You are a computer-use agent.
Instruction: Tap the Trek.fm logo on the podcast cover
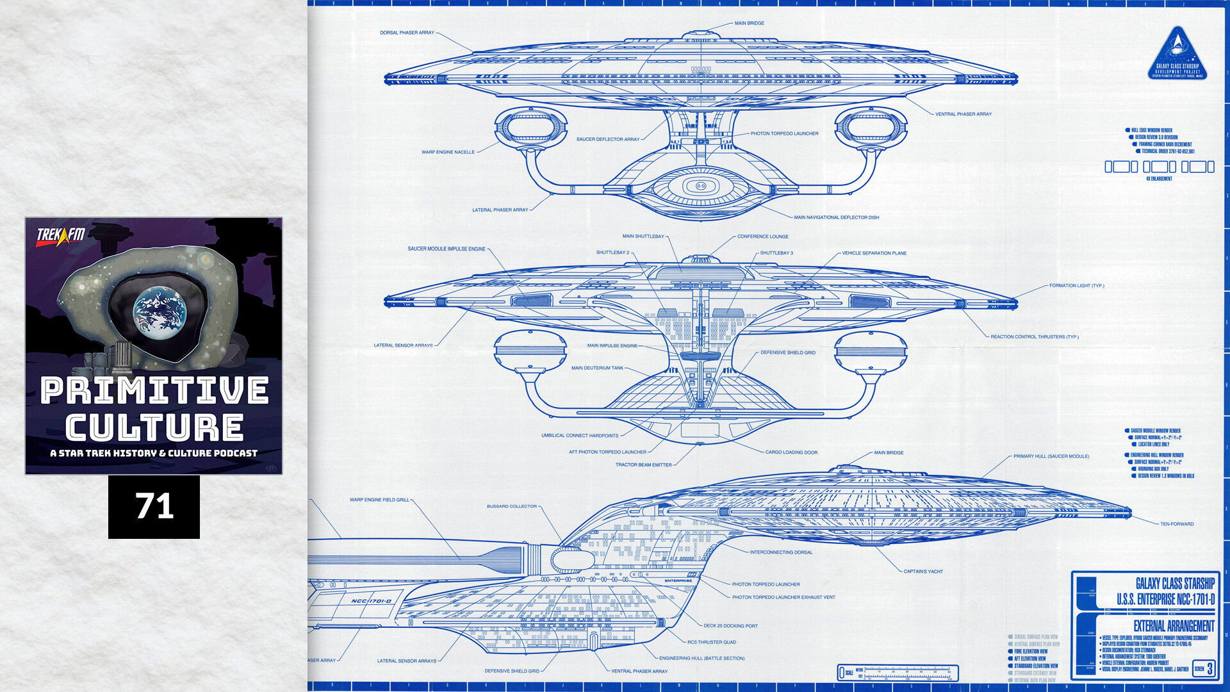tap(61, 235)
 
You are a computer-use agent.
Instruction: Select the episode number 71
tap(154, 507)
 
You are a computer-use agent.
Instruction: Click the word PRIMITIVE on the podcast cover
tap(154, 390)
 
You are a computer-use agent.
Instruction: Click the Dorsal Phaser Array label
tap(407, 33)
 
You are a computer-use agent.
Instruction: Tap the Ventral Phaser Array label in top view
tap(963, 114)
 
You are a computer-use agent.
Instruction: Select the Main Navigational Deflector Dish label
tap(836, 217)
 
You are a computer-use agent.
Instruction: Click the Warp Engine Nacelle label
tap(448, 152)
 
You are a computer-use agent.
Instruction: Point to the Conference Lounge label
tap(762, 236)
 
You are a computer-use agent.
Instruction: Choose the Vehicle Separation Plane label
tap(874, 253)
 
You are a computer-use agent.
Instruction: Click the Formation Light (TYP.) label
tap(1076, 286)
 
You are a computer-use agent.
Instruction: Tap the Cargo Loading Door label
tap(791, 452)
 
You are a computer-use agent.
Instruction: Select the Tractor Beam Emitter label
tap(643, 465)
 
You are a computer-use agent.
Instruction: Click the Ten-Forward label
tap(1177, 524)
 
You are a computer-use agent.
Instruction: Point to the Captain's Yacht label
tap(923, 572)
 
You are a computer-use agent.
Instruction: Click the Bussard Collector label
tap(511, 506)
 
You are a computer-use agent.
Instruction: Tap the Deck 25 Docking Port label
tap(730, 626)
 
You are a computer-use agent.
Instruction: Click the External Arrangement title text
tap(1174, 626)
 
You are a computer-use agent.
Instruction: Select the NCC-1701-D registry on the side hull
tap(371, 601)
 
